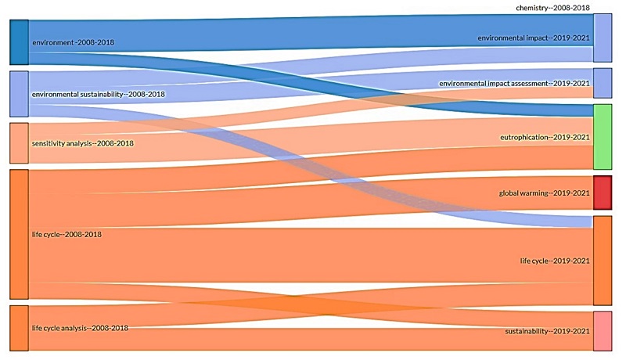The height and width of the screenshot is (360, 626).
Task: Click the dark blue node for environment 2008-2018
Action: point(19,41)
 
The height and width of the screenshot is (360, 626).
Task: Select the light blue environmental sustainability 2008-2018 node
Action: point(19,94)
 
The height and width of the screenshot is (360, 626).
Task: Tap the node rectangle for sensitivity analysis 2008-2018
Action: point(19,142)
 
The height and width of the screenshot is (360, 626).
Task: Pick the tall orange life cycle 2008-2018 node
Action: point(19,234)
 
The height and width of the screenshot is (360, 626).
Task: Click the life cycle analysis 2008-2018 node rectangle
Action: point(19,328)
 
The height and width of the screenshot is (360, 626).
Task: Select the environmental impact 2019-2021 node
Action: point(603,38)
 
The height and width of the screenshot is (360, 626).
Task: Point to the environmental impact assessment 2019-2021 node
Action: point(603,83)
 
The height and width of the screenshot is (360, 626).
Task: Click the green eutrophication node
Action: point(603,136)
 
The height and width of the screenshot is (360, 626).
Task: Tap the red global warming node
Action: point(603,193)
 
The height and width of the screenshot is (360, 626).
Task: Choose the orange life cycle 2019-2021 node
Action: point(603,261)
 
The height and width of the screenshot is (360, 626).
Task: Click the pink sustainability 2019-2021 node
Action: point(603,331)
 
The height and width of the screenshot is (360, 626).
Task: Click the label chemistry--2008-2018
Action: point(552,7)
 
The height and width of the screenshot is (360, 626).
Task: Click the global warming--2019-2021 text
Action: point(543,193)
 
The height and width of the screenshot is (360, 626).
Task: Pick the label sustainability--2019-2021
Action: point(547,332)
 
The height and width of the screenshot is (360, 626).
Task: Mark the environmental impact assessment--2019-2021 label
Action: point(513,83)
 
